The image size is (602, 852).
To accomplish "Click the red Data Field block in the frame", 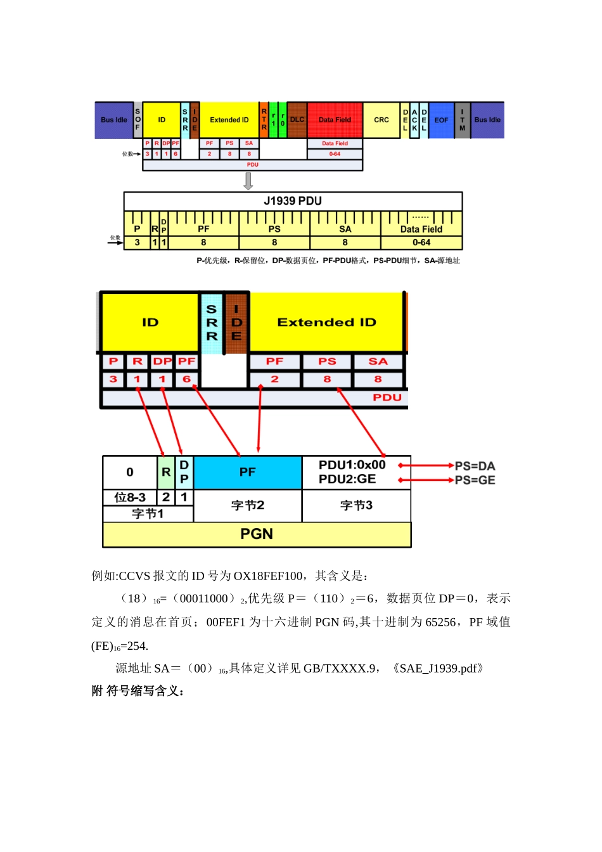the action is [335, 120].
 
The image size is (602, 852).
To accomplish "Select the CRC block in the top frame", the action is [381, 120].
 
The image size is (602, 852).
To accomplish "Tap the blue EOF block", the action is [441, 120].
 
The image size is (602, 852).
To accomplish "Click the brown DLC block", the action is [297, 120].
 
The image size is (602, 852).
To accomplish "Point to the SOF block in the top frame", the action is [138, 120].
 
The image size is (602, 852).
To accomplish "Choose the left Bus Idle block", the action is [114, 120].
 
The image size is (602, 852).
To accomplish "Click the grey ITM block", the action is [463, 120].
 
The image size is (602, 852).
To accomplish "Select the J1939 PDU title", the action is [293, 201].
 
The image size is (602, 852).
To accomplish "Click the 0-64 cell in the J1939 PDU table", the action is [421, 243].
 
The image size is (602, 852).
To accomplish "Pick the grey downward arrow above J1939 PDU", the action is [248, 181].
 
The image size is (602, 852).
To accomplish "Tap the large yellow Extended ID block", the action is [326, 322].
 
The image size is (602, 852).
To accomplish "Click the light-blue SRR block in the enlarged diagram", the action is [212, 322].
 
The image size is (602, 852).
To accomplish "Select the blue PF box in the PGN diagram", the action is [247, 472].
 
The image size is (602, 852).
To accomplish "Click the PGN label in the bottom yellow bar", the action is [257, 534].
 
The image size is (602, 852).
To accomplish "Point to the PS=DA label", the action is [475, 466].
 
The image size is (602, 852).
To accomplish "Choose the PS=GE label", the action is [475, 481].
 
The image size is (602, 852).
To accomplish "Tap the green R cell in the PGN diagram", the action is [166, 472].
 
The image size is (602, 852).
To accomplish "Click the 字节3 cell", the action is [356, 505].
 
